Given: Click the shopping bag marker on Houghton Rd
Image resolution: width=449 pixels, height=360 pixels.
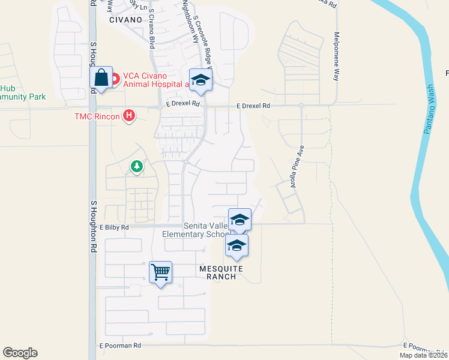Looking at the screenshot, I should pyautogui.click(x=101, y=78).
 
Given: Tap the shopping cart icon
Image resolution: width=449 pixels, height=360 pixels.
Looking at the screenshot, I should pyautogui.click(x=160, y=273).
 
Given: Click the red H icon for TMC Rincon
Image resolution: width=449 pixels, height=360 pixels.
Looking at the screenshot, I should pyautogui.click(x=128, y=115).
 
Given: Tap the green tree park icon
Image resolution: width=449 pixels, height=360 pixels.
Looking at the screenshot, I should pyautogui.click(x=137, y=166).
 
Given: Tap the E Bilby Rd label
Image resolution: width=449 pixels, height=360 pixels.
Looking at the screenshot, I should pyautogui.click(x=114, y=227).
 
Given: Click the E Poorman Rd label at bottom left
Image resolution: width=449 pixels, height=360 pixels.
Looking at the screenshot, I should pyautogui.click(x=120, y=346).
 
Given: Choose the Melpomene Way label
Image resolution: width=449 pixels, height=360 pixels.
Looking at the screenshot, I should pyautogui.click(x=336, y=56).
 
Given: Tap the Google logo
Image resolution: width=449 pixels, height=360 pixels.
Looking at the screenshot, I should pyautogui.click(x=20, y=353).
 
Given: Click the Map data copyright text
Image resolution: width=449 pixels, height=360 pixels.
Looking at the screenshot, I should pyautogui.click(x=424, y=355).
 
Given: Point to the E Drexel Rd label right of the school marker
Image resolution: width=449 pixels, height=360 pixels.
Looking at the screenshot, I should pyautogui.click(x=253, y=106).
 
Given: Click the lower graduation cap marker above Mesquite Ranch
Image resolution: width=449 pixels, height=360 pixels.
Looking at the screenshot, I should pyautogui.click(x=237, y=246).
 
